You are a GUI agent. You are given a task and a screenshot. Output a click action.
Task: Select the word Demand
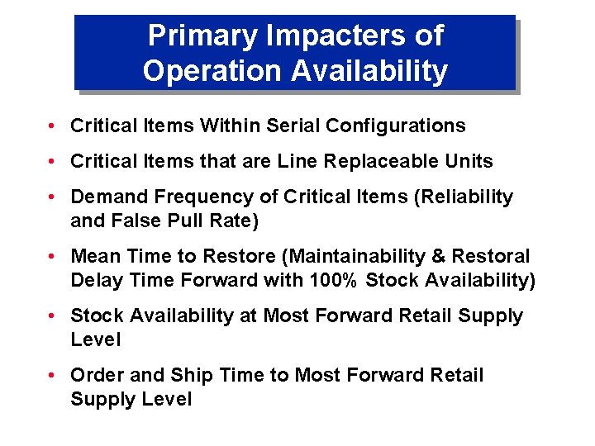coord(106,197)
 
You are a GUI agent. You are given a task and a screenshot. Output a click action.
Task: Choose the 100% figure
coord(334,280)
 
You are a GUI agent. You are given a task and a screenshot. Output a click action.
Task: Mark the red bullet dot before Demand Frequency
coord(51,197)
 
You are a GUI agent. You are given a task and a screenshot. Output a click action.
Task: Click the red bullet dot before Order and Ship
coord(51,376)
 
